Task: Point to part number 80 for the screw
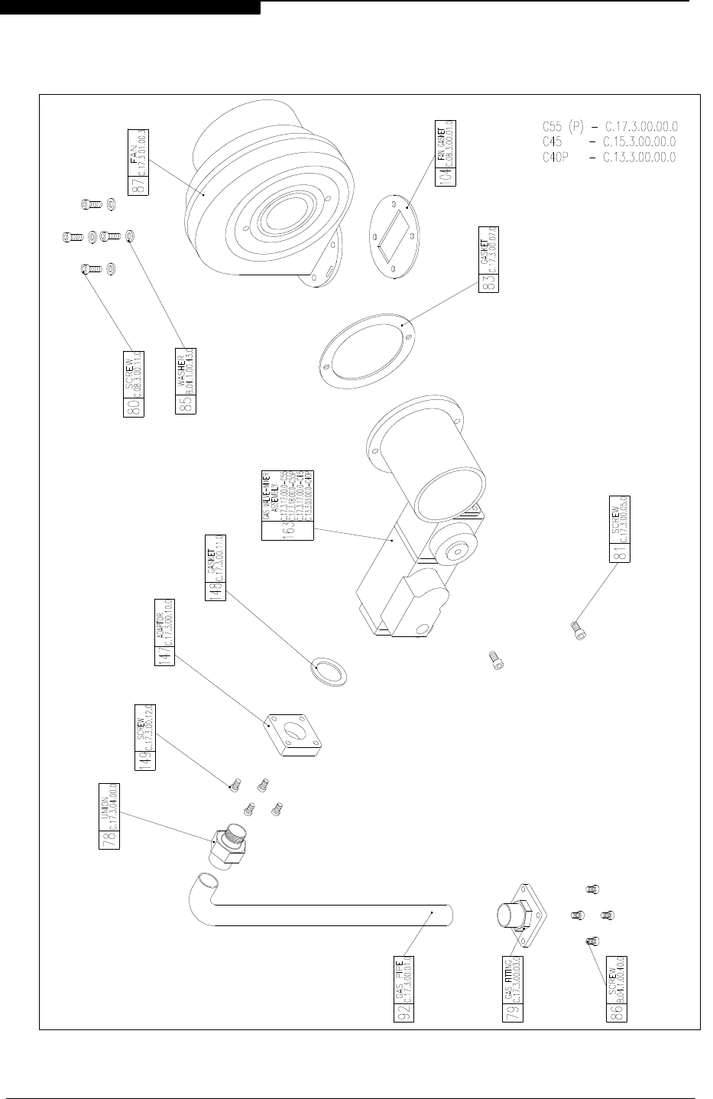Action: pos(131,405)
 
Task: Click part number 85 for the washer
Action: pos(186,405)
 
